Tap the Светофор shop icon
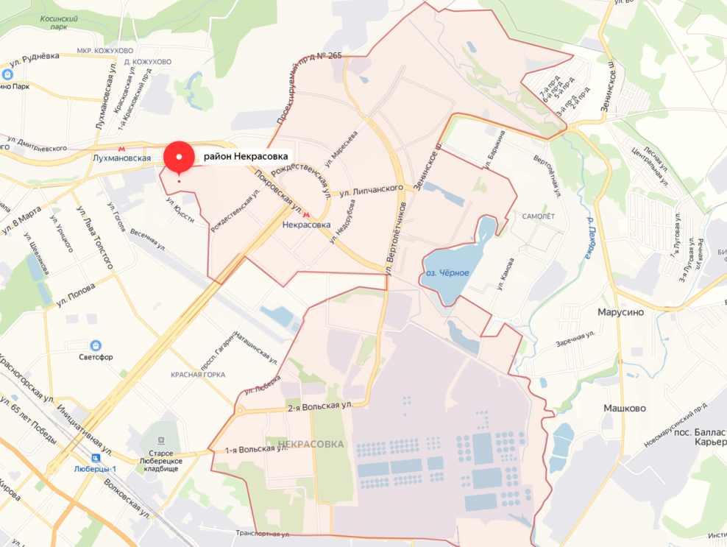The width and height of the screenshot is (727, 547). pyautogui.click(x=96, y=345)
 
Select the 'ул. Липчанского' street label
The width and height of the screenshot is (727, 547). pyautogui.click(x=372, y=190)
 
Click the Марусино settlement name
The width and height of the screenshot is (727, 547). pyautogui.click(x=617, y=311)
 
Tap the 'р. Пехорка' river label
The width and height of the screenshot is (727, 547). pyautogui.click(x=590, y=239)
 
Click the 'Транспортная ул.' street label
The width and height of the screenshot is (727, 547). pyautogui.click(x=263, y=533)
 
